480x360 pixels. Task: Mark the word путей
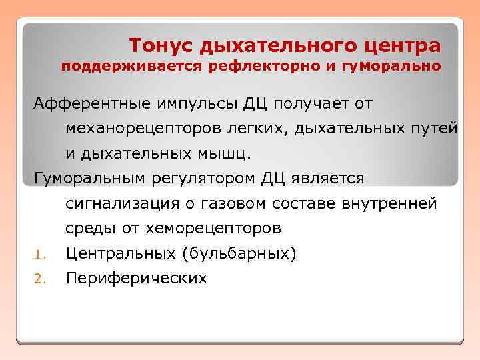(435, 129)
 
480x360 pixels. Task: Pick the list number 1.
(38, 254)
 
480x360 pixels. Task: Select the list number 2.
(39, 279)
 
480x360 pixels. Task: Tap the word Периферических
(136, 279)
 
